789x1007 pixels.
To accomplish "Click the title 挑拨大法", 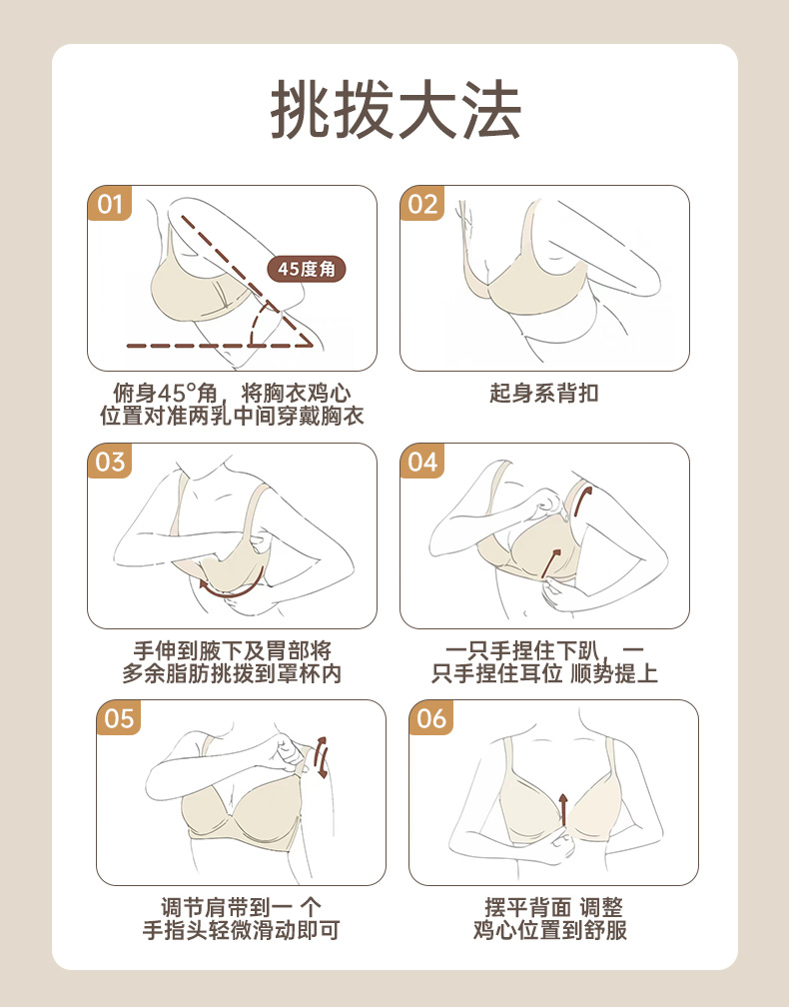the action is (395, 110).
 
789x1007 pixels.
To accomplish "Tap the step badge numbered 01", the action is (109, 204).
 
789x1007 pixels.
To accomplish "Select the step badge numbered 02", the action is (421, 204).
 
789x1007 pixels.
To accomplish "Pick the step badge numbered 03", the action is (109, 462).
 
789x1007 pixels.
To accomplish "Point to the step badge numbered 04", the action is (421, 462).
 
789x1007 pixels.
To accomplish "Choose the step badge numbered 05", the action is (118, 718).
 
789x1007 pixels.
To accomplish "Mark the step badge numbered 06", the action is (430, 718).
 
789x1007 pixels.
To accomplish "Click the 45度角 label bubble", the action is (307, 269).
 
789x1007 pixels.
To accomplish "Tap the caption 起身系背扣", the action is (543, 393).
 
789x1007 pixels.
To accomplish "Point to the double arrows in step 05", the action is (323, 757).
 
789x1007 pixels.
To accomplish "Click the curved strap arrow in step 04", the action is (581, 499).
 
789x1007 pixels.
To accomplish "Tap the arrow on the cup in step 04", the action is (549, 563).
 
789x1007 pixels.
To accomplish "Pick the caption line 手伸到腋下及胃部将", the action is (232, 650).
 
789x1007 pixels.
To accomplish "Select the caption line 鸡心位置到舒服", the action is (550, 930).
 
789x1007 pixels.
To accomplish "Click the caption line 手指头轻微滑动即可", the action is (241, 930).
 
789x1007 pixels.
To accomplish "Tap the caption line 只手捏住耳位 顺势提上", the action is (544, 673).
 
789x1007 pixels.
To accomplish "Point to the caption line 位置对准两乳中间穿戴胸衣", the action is (232, 416).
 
